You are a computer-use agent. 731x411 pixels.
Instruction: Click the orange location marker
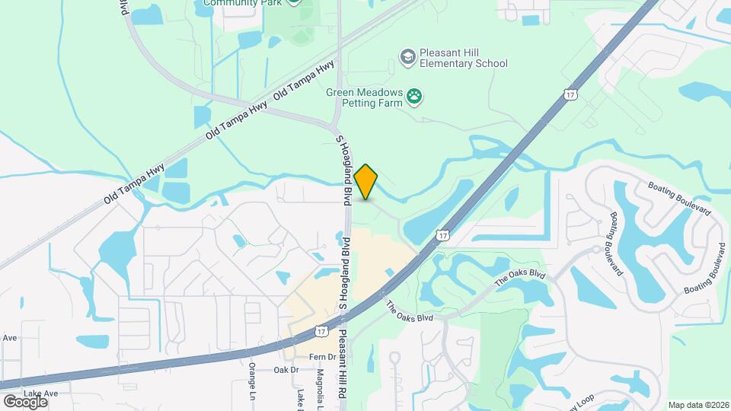pyautogui.click(x=366, y=181)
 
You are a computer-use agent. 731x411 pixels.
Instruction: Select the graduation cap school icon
pyautogui.click(x=408, y=56)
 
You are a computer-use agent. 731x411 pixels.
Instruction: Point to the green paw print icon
pyautogui.click(x=415, y=96)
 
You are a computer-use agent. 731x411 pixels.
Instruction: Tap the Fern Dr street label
pyautogui.click(x=323, y=357)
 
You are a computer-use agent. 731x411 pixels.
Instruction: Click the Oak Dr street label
pyautogui.click(x=289, y=370)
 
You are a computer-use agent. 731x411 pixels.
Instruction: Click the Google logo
pyautogui.click(x=25, y=401)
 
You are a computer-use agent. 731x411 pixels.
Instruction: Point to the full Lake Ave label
pyautogui.click(x=40, y=393)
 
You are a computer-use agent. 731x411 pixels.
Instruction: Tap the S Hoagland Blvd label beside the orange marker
pyautogui.click(x=343, y=167)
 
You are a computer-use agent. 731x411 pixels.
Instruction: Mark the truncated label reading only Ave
pyautogui.click(x=10, y=338)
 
